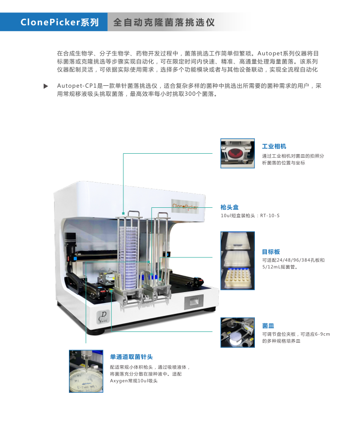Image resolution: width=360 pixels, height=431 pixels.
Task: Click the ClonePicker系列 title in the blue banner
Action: pos(60,22)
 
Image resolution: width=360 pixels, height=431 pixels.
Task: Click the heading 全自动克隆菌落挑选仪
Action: pos(164,22)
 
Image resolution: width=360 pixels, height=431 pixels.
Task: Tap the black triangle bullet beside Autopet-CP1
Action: pos(46,86)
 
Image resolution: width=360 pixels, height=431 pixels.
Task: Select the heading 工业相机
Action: pos(274,146)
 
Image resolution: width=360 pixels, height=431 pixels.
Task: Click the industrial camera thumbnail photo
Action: pos(238,153)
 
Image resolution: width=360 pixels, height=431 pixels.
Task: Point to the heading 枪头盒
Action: pos(230,207)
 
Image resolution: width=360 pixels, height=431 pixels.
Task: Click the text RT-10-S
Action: pos(270,216)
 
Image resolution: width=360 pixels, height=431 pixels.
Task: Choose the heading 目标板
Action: pos(271,252)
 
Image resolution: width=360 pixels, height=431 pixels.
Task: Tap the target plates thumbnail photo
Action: pos(238,260)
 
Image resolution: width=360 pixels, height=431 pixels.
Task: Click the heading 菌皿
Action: pos(268,326)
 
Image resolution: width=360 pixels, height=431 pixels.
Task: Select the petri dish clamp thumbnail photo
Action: pos(238,333)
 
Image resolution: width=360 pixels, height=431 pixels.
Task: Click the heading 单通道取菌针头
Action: pos(131,357)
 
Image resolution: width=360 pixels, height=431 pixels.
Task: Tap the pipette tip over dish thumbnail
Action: pos(86,371)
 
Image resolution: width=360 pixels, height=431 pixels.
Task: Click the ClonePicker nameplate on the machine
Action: pos(185,206)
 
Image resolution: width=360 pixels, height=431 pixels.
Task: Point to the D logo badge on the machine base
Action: pos(104,316)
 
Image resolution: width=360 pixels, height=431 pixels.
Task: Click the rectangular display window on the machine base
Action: pos(194,302)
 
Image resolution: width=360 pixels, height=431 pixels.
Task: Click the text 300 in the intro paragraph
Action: pos(190,94)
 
